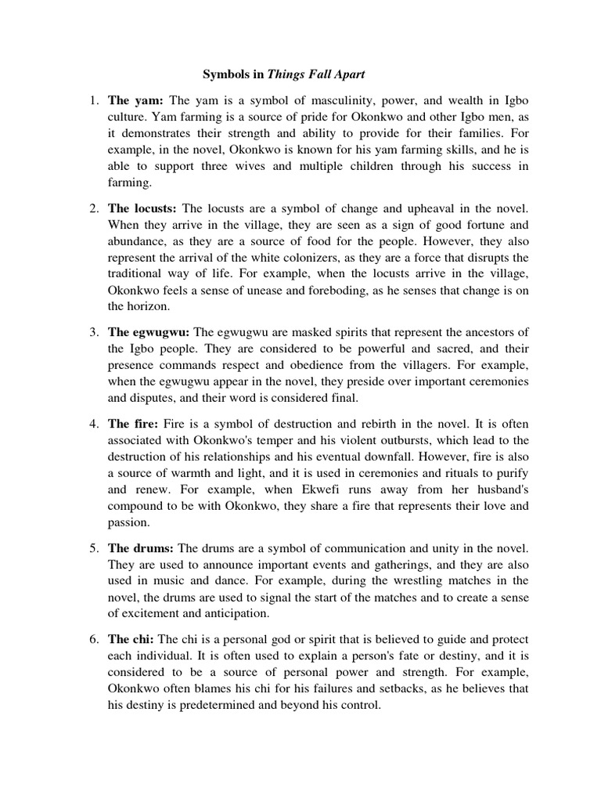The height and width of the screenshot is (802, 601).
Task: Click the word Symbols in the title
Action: (224, 75)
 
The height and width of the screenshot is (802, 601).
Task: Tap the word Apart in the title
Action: (345, 75)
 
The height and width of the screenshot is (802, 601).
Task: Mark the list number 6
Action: (93, 637)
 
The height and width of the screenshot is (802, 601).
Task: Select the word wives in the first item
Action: (247, 166)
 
